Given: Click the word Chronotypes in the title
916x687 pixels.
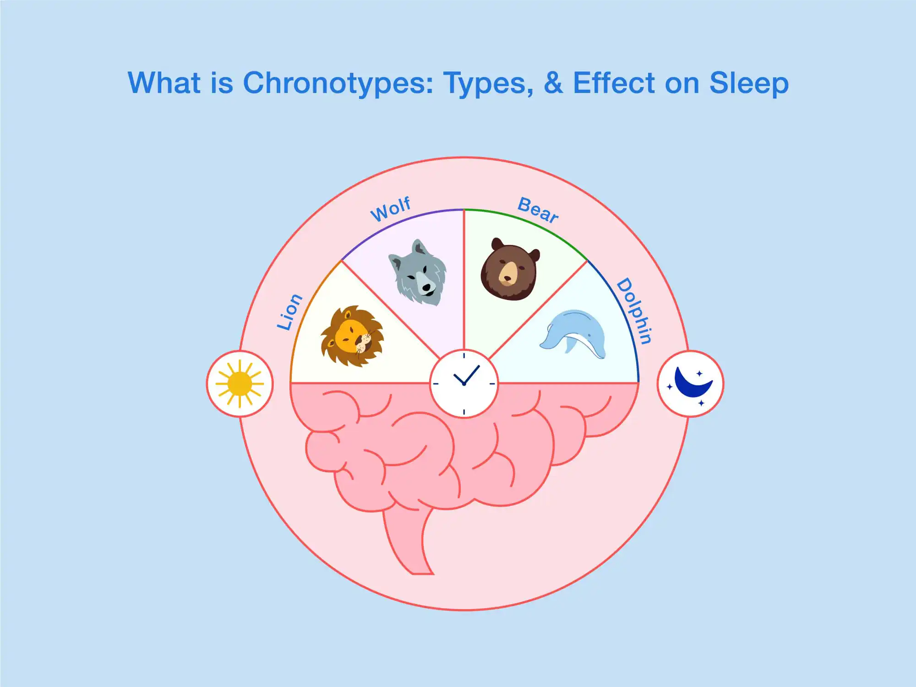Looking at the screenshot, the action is pos(338,84).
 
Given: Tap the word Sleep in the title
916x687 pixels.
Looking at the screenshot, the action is pos(749,84).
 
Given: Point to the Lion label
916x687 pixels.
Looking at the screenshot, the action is pos(289,312).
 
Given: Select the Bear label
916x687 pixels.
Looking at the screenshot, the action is pos(538,210).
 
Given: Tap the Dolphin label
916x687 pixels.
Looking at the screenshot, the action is pos(634,311).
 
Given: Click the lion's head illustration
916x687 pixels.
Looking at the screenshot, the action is pos(352,336).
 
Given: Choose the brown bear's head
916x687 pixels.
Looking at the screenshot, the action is pos(510,269).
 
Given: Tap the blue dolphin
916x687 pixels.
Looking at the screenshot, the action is pos(572,334).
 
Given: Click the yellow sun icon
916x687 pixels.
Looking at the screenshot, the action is pos(240,384).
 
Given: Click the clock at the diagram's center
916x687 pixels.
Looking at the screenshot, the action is pos(464,383).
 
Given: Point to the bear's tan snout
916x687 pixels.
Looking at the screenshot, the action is pos(508,274).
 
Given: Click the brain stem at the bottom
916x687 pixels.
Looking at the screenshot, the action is pos(408,540).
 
